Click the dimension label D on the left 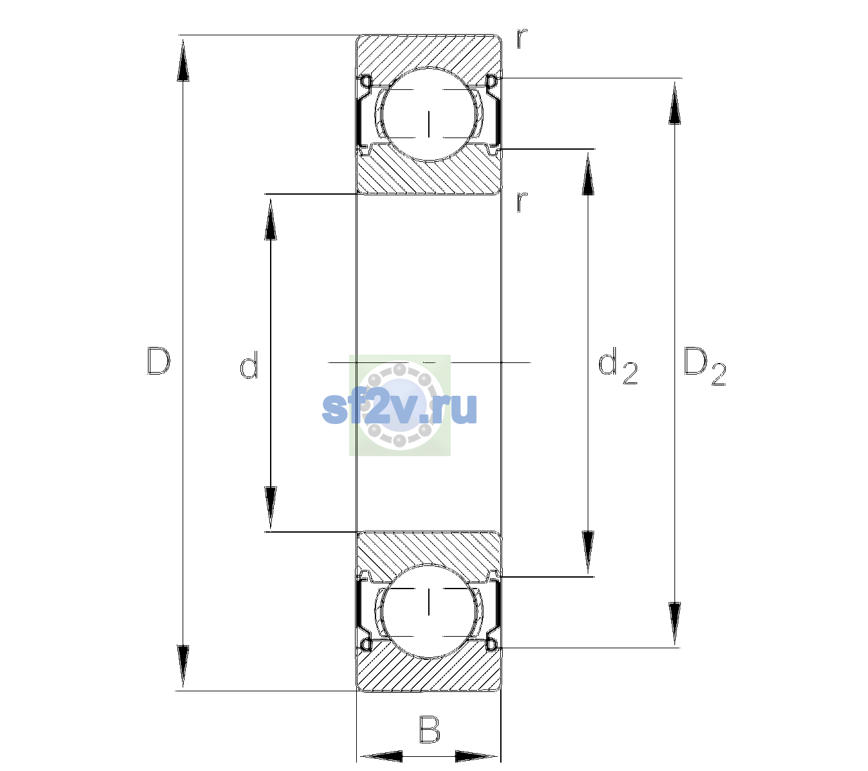(x=158, y=361)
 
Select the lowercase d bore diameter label (x=249, y=365)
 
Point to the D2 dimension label (x=705, y=366)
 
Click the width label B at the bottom (x=429, y=729)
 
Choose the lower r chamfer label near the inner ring (x=522, y=202)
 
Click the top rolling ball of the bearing (x=429, y=114)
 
